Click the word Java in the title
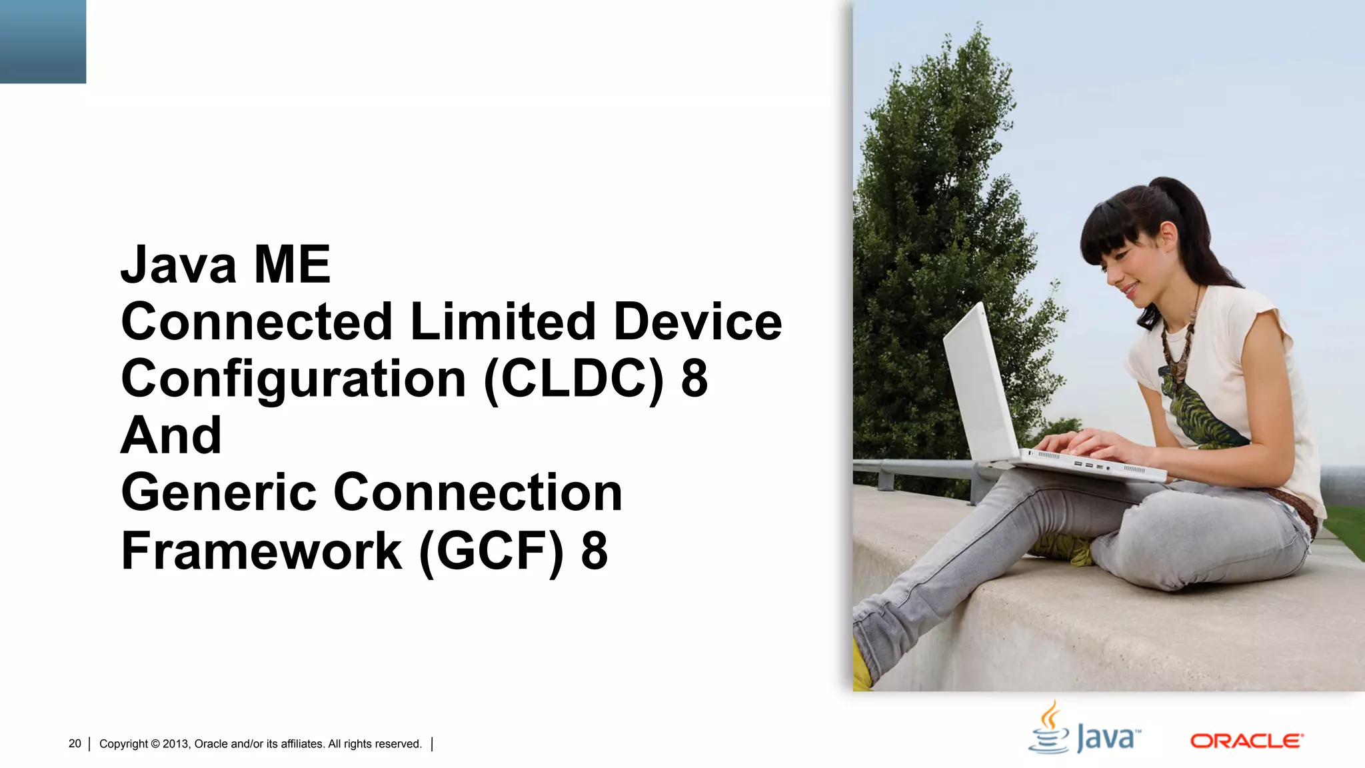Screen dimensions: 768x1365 (178, 265)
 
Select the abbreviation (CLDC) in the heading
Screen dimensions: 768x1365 (574, 379)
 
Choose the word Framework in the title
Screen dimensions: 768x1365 (261, 551)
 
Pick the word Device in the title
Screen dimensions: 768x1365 (697, 322)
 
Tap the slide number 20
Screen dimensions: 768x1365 (75, 743)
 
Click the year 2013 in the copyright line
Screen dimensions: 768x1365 (176, 744)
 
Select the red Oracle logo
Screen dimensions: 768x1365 (1246, 741)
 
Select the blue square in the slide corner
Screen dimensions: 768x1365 (43, 41)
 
